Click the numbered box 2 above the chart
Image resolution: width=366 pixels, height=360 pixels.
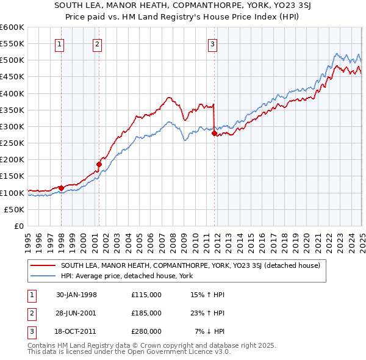point(98,43)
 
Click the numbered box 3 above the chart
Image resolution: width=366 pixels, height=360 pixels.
point(212,43)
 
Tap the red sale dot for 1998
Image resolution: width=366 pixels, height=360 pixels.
point(62,188)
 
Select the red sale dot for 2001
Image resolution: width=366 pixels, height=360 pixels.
point(99,164)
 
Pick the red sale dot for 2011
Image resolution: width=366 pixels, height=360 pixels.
point(214,133)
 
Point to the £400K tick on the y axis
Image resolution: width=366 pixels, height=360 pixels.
point(12,93)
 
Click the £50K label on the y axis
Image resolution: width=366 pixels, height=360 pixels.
point(13,209)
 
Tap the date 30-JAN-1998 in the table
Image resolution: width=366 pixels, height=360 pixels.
point(76,295)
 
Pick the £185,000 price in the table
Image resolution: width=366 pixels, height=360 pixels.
point(146,313)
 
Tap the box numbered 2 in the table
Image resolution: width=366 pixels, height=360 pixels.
point(31,313)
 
